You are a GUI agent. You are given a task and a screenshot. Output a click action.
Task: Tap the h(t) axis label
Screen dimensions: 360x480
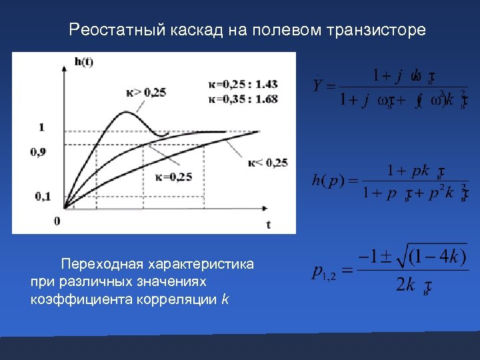(x=84, y=62)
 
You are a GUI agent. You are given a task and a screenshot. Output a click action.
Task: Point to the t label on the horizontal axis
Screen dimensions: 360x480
(x=269, y=225)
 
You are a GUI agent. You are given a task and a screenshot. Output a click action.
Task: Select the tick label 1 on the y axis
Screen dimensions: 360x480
(x=42, y=127)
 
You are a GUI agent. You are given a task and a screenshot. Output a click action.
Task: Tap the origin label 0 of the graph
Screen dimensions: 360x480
(x=57, y=220)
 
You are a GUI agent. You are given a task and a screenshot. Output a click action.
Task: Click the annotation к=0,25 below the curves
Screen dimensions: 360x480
(x=173, y=176)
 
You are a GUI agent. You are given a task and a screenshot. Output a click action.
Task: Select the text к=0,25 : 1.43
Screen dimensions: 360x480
(x=243, y=84)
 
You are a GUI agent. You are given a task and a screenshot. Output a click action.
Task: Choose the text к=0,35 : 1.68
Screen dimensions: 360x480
(x=243, y=98)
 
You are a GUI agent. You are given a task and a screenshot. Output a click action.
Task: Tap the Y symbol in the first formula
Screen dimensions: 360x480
(x=318, y=85)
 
